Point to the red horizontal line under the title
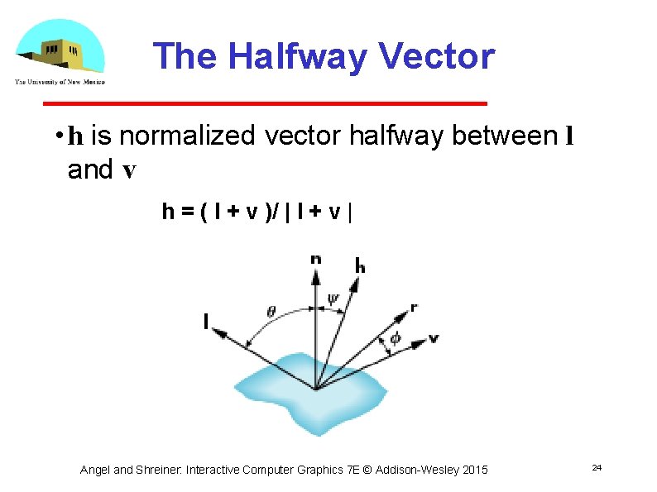[265, 103]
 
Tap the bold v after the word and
[128, 170]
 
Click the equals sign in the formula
[188, 213]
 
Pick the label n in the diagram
[315, 259]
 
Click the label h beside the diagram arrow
[360, 265]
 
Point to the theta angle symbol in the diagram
[271, 312]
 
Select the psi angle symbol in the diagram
[333, 299]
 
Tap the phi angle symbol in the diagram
[395, 338]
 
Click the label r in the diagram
[413, 307]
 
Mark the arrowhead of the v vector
[419, 338]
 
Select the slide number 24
[596, 468]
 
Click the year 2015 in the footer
[474, 470]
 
